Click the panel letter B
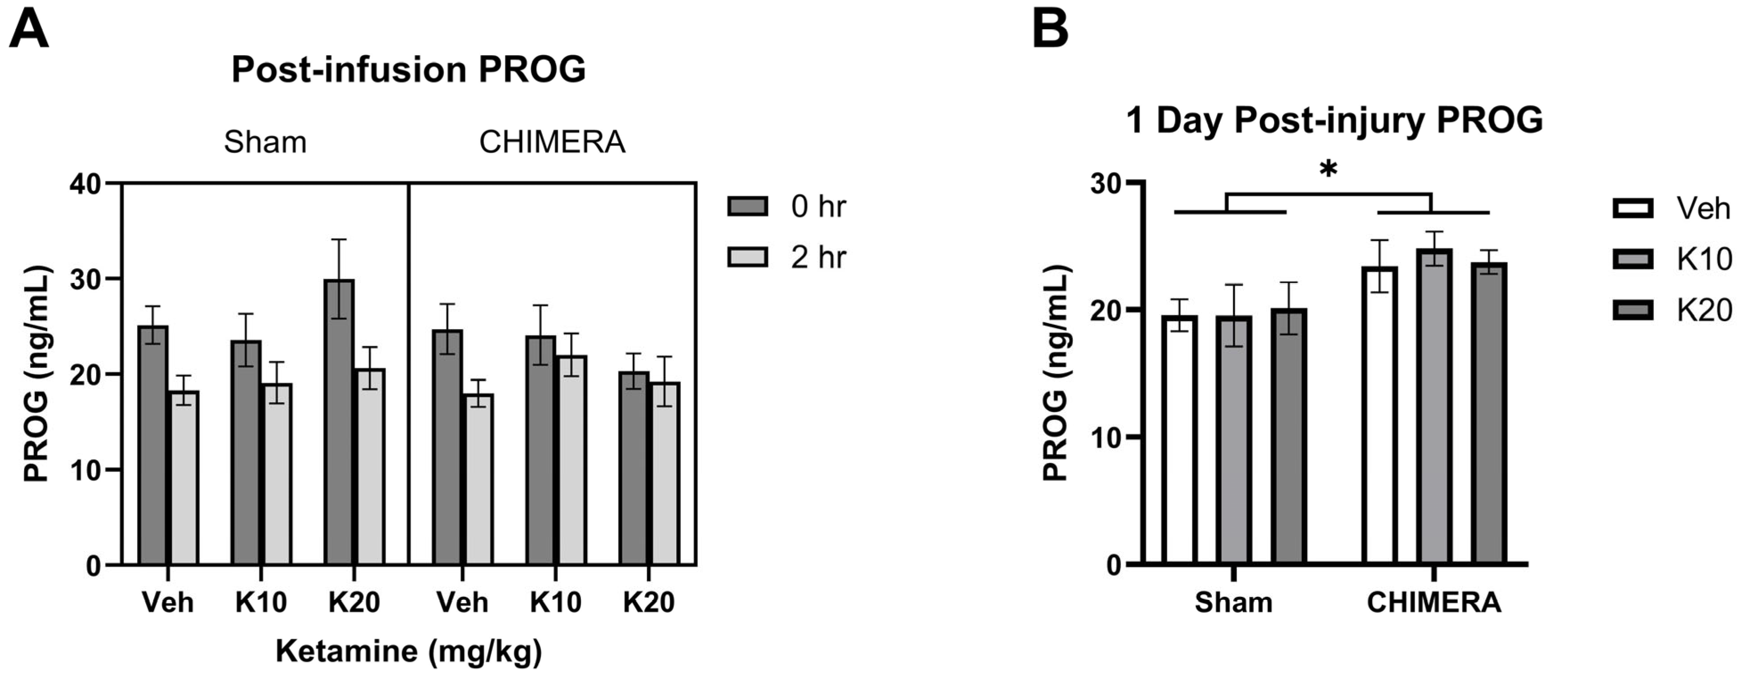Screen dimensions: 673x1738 tap(1051, 30)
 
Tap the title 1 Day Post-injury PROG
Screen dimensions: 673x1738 tap(1334, 121)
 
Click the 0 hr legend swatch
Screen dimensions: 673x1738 tap(747, 206)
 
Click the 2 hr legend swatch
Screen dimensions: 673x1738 tap(747, 257)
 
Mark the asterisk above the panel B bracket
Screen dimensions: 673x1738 tap(1328, 170)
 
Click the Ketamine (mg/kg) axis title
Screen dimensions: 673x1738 tap(408, 651)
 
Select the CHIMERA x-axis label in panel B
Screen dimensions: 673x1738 tap(1433, 602)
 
